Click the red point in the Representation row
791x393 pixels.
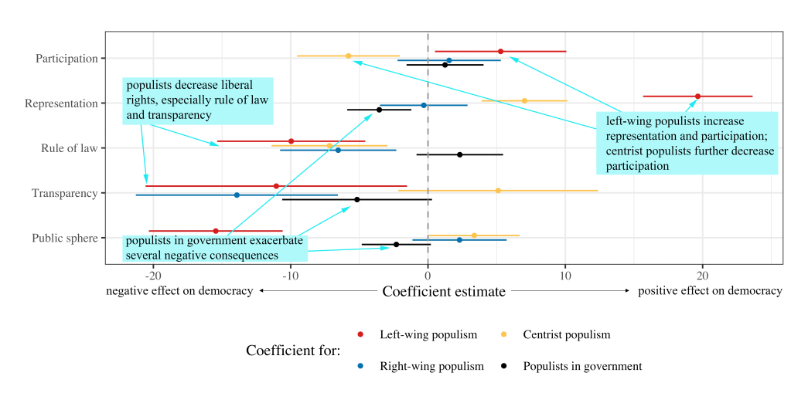(x=697, y=97)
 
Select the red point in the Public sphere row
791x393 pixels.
(x=216, y=231)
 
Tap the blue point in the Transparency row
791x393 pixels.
(x=237, y=195)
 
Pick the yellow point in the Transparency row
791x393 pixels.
(x=498, y=191)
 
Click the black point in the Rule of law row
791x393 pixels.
(x=460, y=154)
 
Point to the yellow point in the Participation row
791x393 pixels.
(x=348, y=56)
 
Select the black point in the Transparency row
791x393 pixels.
(x=356, y=199)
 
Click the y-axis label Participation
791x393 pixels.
(x=66, y=59)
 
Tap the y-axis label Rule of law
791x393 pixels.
(x=69, y=148)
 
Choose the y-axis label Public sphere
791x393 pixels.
(x=65, y=238)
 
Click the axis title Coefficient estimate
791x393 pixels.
(x=444, y=291)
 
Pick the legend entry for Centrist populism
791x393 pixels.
(x=566, y=334)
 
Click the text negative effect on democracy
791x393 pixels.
(x=179, y=291)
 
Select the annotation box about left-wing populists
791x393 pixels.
(x=687, y=143)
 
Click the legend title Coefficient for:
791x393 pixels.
(x=293, y=351)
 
